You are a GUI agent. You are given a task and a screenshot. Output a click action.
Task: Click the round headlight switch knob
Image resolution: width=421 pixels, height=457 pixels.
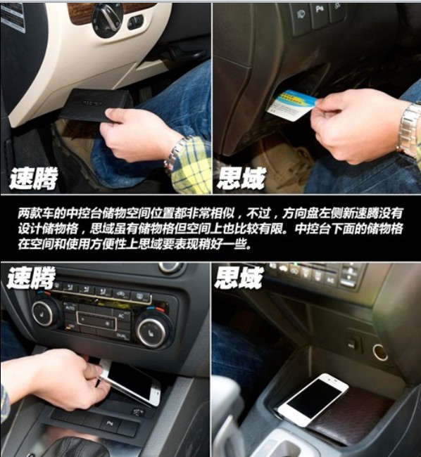[x=108, y=19]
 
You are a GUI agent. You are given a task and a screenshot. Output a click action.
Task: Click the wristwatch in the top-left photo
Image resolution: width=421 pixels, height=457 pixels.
[x=176, y=153]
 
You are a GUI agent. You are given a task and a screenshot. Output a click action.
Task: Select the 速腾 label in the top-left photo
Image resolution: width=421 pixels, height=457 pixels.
[x=33, y=177]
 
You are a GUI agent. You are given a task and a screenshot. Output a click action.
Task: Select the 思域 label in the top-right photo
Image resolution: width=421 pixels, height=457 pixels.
[x=240, y=177]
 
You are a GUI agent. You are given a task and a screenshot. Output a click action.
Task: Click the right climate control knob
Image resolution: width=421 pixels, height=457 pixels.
[x=151, y=331]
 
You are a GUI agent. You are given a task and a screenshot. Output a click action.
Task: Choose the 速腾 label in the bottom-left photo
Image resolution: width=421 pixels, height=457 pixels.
[x=32, y=278]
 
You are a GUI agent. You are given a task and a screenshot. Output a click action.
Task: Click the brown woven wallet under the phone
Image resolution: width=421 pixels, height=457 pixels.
[x=352, y=415]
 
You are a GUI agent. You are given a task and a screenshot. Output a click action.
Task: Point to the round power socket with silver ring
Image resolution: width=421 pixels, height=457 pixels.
[x=380, y=352]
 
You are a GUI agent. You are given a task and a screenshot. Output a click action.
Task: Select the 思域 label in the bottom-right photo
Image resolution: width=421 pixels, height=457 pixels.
[x=239, y=278]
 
